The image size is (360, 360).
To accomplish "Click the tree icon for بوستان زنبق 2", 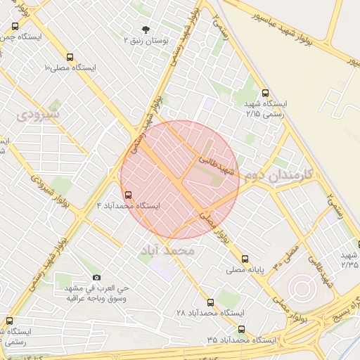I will coord(146,30).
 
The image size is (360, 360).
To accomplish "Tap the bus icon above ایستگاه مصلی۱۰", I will coord(69,57).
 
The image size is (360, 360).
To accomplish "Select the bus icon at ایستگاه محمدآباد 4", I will coord(127,195).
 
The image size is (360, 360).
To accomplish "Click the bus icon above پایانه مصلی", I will coord(245,259).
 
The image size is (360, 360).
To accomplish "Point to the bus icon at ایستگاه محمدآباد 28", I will coord(210,302).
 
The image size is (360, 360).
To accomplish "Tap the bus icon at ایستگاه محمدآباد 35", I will coord(241,329).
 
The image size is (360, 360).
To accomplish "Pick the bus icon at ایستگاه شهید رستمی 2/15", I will coord(265,92).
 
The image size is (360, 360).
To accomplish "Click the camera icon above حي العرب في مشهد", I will coord(96,278).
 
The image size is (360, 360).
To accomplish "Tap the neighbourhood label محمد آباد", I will coord(167,250).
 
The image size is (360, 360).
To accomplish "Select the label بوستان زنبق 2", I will coord(146,41).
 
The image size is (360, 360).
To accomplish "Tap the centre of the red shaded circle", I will coord(181,179).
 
